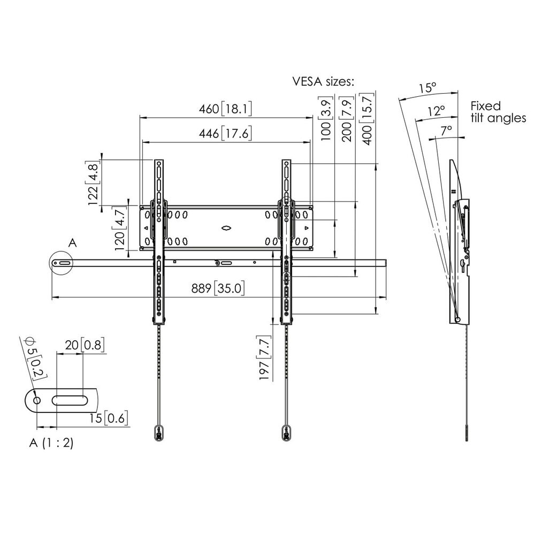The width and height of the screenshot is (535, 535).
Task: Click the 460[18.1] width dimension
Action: [225, 109]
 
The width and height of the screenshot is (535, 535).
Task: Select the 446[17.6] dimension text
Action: [225, 134]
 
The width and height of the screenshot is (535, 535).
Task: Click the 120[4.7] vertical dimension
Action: [120, 230]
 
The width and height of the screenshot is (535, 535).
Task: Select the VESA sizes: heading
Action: [323, 81]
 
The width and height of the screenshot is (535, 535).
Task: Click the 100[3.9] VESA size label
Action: [326, 119]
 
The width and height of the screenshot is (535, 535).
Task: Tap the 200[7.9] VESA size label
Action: [347, 119]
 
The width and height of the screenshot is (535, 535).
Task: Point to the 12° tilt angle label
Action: [437, 111]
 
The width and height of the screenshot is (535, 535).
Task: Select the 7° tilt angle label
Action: [446, 130]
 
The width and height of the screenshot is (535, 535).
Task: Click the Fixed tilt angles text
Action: [498, 112]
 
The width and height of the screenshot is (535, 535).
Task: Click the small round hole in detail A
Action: [36, 401]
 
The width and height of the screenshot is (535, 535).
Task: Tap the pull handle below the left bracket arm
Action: [158, 432]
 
